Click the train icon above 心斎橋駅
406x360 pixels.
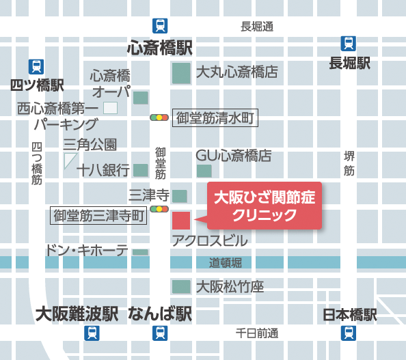tap(160, 25)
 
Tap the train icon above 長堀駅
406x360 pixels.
tap(349, 43)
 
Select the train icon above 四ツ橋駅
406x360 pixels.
tap(36, 66)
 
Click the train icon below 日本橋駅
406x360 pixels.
tap(349, 333)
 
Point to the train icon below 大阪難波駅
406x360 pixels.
tap(92, 333)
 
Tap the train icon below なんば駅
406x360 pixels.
tap(160, 333)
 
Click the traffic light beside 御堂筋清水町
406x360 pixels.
tap(159, 117)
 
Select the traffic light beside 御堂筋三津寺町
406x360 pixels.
tap(159, 209)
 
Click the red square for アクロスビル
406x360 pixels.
tap(180, 221)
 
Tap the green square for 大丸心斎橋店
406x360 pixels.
tap(180, 73)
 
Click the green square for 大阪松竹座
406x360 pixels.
tap(180, 286)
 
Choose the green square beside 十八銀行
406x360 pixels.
tap(141, 170)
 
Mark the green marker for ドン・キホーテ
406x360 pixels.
tap(140, 252)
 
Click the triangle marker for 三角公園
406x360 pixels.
tap(69, 160)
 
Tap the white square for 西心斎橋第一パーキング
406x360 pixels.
tap(110, 107)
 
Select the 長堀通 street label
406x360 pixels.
tap(257, 27)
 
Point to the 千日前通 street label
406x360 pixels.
tap(257, 333)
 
